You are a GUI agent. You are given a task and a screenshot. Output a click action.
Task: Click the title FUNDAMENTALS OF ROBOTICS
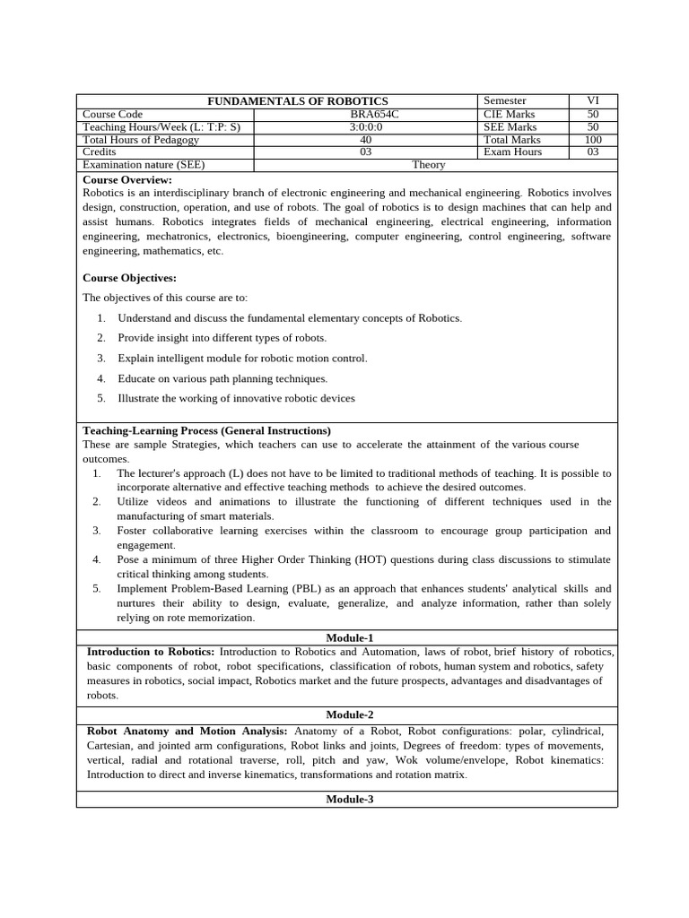tap(298, 101)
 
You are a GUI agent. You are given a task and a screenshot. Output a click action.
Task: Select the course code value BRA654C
tap(365, 114)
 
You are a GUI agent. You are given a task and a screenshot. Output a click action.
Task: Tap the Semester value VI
tap(593, 100)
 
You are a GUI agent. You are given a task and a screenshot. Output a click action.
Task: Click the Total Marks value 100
tap(593, 140)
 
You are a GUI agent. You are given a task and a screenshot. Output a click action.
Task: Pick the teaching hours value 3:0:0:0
tap(365, 127)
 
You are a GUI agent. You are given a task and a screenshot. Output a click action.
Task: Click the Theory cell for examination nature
tap(429, 165)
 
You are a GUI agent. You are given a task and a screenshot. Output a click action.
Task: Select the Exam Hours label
tap(513, 152)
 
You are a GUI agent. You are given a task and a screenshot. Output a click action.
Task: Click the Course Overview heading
tap(126, 179)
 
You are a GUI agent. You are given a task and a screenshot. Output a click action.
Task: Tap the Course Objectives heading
tap(129, 278)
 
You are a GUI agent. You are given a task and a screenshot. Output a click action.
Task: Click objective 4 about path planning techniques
tap(222, 378)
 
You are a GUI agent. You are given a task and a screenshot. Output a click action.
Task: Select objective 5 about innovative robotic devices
tap(236, 398)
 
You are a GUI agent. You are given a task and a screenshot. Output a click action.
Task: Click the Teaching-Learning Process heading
tap(206, 430)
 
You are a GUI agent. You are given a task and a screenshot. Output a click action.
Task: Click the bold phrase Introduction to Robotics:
tap(151, 652)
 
